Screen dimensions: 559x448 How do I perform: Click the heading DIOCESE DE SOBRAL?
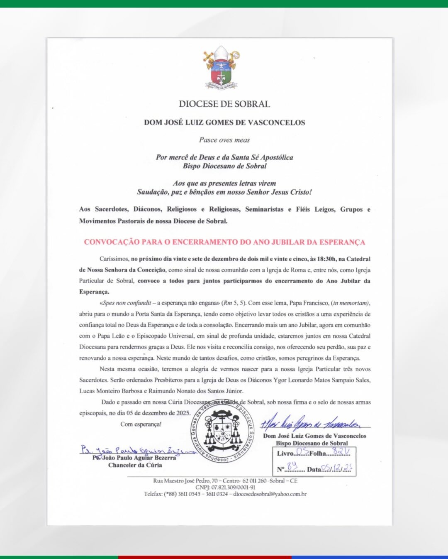224,104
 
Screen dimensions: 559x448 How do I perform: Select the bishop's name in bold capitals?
224,123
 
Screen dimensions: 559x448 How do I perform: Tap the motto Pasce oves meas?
224,140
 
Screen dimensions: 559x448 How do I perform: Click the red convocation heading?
224,242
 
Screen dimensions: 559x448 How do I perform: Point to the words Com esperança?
141,424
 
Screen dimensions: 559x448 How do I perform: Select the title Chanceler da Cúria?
135,465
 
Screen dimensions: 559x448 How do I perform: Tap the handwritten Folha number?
341,452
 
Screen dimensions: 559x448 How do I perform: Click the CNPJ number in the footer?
225,487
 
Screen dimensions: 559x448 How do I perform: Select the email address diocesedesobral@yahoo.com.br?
270,494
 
